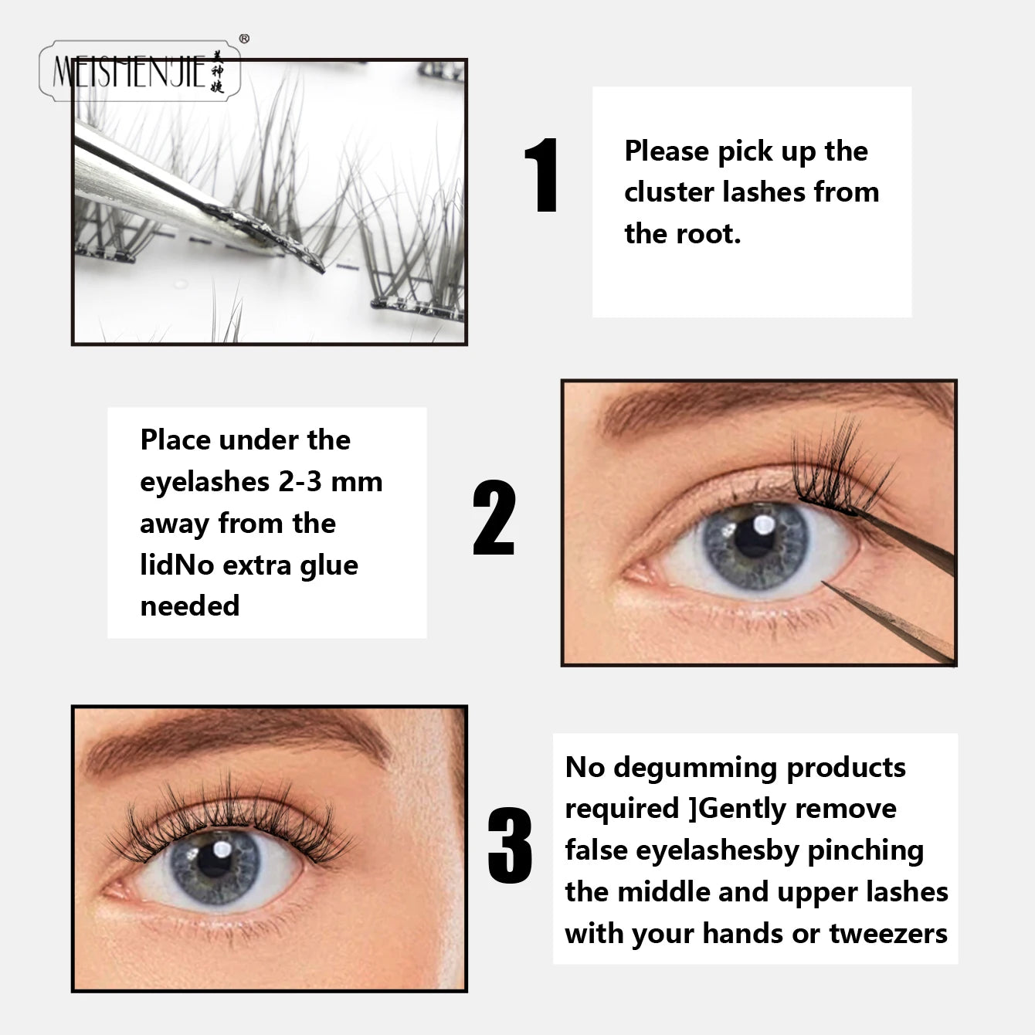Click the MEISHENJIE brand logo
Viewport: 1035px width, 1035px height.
click(x=139, y=72)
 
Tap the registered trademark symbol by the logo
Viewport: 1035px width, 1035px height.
click(x=244, y=39)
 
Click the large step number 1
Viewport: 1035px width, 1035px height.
click(x=543, y=175)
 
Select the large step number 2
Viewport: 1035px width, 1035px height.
click(x=494, y=517)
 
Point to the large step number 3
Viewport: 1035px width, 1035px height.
click(x=510, y=846)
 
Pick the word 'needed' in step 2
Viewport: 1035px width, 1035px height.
click(x=190, y=606)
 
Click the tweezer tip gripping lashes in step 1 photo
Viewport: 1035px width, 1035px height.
click(x=313, y=263)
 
